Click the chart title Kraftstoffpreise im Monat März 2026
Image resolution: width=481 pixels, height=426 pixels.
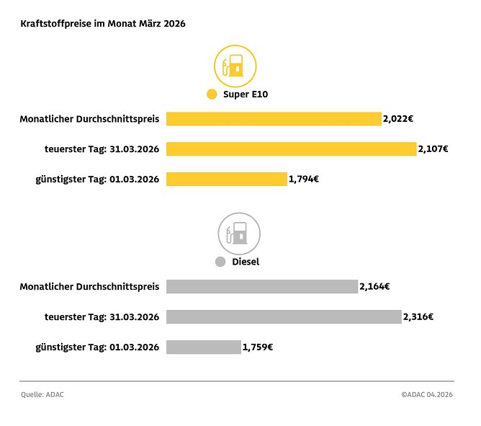click(x=103, y=24)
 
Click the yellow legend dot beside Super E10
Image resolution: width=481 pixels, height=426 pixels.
click(x=212, y=94)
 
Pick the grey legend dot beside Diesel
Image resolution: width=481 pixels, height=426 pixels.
click(x=221, y=262)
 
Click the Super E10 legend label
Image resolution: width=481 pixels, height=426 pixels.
click(x=246, y=94)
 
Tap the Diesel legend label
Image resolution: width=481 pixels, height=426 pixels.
click(x=246, y=262)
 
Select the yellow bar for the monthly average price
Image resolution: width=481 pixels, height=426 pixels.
click(x=274, y=119)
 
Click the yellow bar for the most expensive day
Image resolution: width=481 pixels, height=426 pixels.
click(x=292, y=149)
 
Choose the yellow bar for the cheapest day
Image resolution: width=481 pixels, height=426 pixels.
click(x=227, y=179)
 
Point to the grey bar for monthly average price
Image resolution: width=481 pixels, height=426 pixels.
click(x=262, y=287)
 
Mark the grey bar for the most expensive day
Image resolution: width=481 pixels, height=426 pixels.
click(x=284, y=316)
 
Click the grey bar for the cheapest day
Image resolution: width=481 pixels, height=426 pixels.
click(x=204, y=347)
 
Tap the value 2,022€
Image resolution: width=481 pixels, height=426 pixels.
click(x=398, y=119)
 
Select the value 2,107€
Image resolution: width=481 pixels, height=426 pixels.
click(x=433, y=149)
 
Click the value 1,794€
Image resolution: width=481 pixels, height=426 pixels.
click(x=304, y=179)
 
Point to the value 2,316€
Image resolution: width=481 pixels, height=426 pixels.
click(x=418, y=316)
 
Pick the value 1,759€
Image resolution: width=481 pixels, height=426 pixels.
click(x=258, y=347)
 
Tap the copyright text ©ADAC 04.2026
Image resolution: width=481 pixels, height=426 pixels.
click(x=427, y=395)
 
